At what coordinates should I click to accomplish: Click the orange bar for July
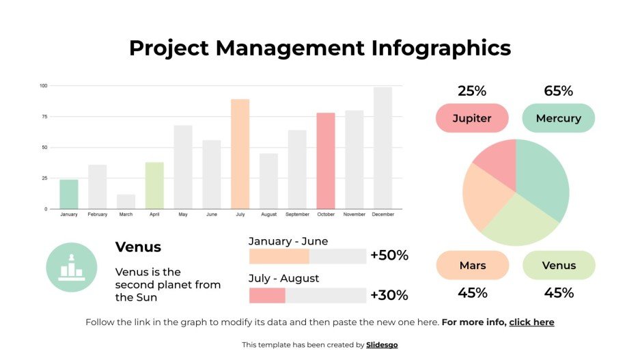pyautogui.click(x=240, y=154)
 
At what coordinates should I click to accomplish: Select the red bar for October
pyautogui.click(x=326, y=161)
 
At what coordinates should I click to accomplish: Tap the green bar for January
pyautogui.click(x=69, y=194)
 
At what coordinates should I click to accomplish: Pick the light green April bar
pyautogui.click(x=154, y=185)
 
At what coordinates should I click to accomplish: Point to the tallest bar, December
pyautogui.click(x=382, y=148)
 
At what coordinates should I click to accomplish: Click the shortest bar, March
pyautogui.click(x=126, y=202)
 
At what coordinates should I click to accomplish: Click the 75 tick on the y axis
pyautogui.click(x=44, y=117)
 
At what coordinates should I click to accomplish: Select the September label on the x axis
pyautogui.click(x=297, y=214)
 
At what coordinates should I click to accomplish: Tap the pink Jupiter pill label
pyautogui.click(x=472, y=118)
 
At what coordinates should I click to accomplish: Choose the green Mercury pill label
pyautogui.click(x=558, y=118)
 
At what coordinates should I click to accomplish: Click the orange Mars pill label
pyautogui.click(x=472, y=265)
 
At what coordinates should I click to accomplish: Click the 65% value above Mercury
pyautogui.click(x=558, y=91)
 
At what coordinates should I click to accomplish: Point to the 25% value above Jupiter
pyautogui.click(x=472, y=91)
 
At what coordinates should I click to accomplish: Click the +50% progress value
pyautogui.click(x=389, y=255)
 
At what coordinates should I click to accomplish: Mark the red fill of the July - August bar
pyautogui.click(x=266, y=296)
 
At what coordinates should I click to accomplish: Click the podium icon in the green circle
pyautogui.click(x=71, y=267)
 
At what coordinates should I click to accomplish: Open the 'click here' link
pyautogui.click(x=531, y=322)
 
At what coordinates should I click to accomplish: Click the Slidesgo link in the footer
pyautogui.click(x=382, y=345)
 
